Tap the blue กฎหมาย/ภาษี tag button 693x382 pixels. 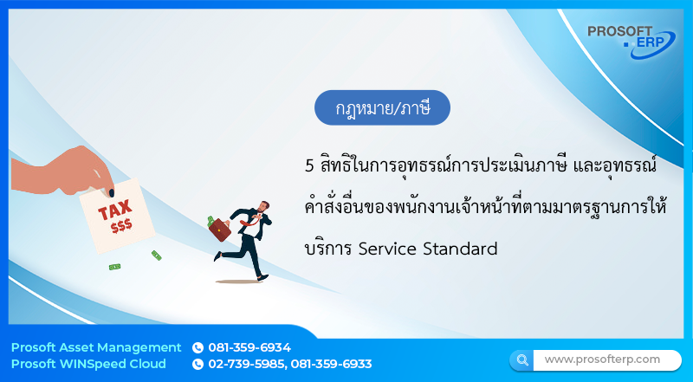[x=382, y=108]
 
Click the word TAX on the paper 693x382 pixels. [x=115, y=211]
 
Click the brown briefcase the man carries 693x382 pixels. [x=221, y=230]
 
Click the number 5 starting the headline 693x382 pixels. [x=309, y=165]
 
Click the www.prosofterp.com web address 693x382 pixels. [x=602, y=359]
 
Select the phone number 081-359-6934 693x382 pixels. [x=249, y=347]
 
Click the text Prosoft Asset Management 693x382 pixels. [x=96, y=347]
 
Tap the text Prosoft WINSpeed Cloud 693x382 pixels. [x=88, y=364]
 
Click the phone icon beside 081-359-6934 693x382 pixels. [x=198, y=347]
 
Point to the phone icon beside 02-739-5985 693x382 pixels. [x=198, y=364]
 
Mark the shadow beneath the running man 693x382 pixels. [x=237, y=282]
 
